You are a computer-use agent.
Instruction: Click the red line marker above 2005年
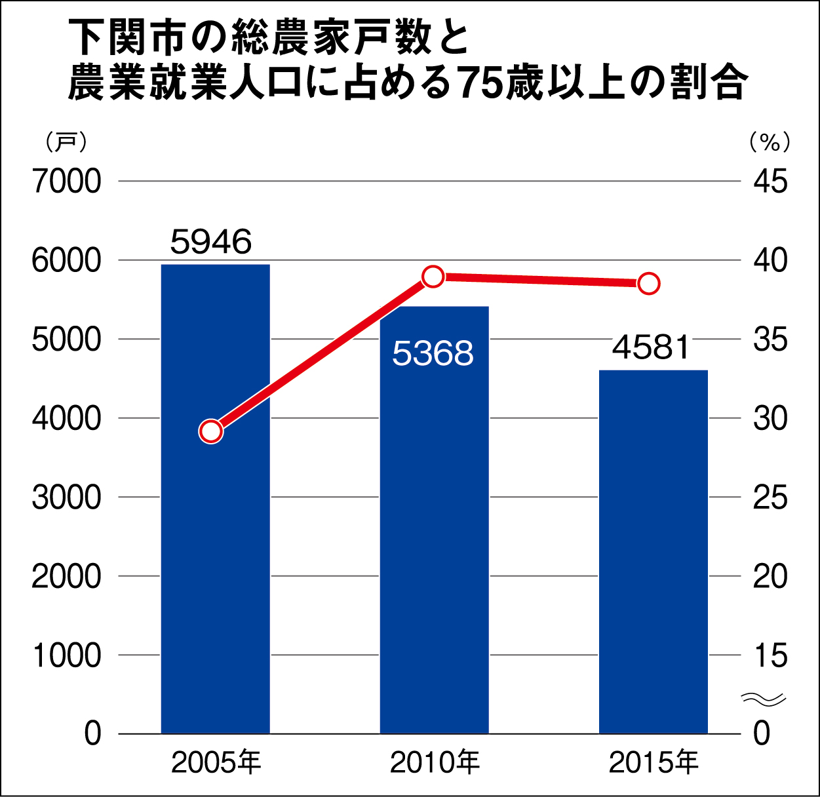coord(211,431)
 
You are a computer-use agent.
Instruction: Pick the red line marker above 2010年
coord(433,277)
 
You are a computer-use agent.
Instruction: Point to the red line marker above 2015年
coord(649,284)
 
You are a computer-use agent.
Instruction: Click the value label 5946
coord(211,242)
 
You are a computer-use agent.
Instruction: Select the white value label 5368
coord(433,353)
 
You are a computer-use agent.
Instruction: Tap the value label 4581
coord(651,347)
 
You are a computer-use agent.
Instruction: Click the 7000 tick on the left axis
coord(67,182)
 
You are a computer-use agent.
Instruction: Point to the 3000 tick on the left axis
coord(67,497)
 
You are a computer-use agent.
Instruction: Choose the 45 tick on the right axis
coord(770,182)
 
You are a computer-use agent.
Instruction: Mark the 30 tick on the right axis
coord(770,418)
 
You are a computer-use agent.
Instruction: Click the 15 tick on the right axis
coord(770,655)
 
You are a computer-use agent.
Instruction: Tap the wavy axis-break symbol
coord(763,699)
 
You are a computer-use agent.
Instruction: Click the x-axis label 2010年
coord(435,762)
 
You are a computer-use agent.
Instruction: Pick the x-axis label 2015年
coord(654,762)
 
